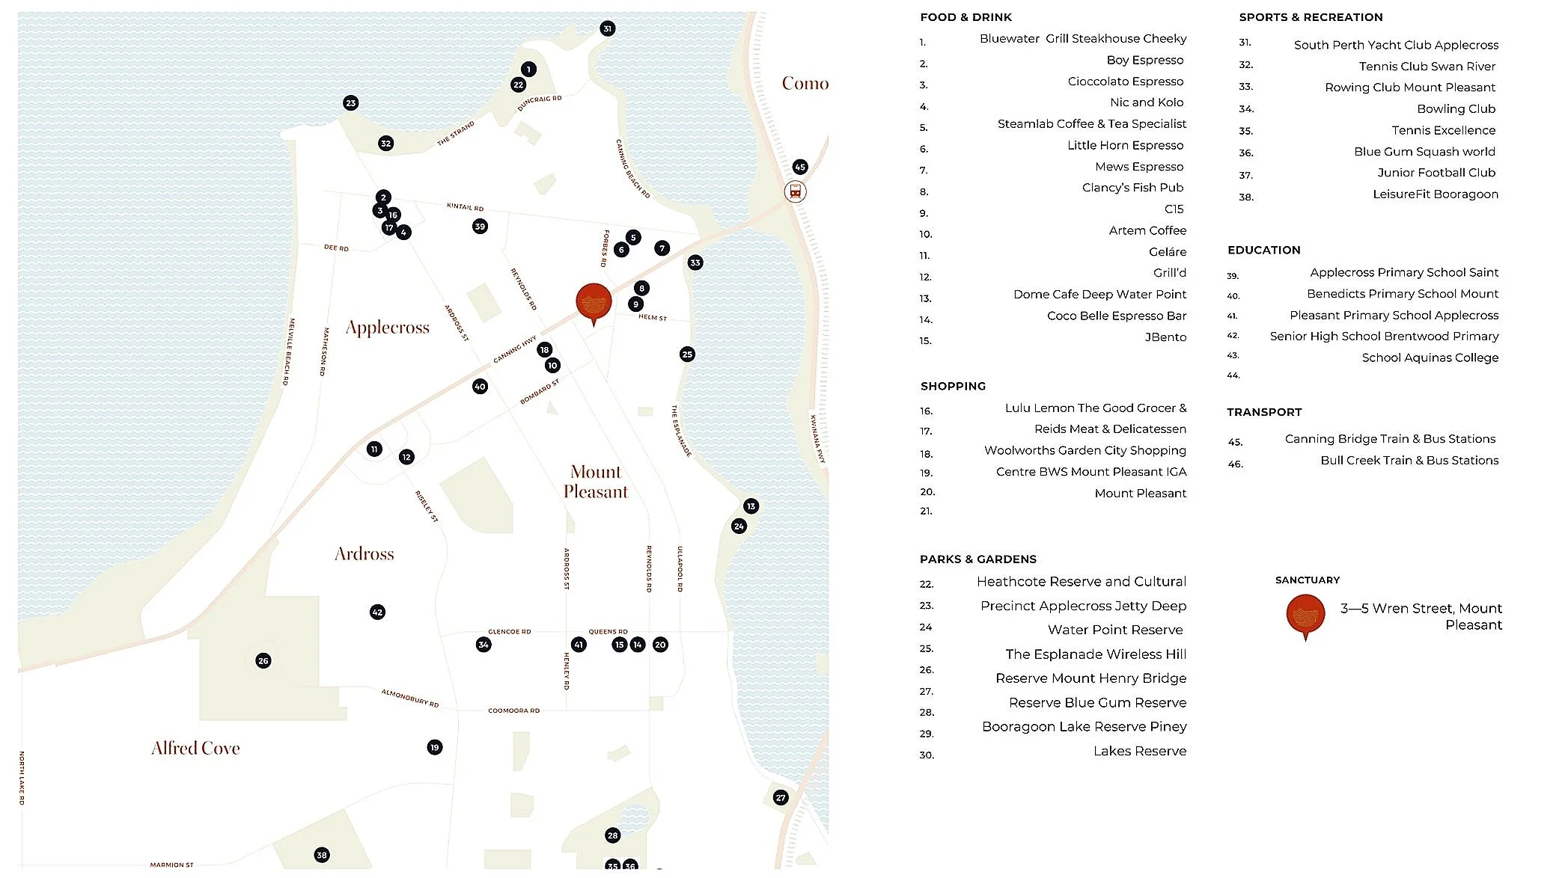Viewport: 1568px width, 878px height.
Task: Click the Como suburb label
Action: pyautogui.click(x=805, y=83)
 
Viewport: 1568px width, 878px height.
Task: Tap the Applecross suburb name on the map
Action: pyautogui.click(x=388, y=328)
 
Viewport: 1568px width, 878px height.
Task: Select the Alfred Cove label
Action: pyautogui.click(x=195, y=748)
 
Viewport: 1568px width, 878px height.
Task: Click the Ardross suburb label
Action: pyautogui.click(x=364, y=553)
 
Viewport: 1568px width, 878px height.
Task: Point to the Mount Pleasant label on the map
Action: pyautogui.click(x=596, y=482)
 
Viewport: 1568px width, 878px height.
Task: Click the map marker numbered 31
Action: pyautogui.click(x=607, y=28)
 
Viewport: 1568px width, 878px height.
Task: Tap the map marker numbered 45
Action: pyautogui.click(x=800, y=167)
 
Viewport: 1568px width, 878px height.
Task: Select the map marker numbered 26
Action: pyautogui.click(x=263, y=660)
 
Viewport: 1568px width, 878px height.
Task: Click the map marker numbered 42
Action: pyautogui.click(x=377, y=612)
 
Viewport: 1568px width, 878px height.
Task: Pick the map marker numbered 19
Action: pyautogui.click(x=434, y=747)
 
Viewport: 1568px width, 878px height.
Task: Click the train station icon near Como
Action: pyautogui.click(x=796, y=191)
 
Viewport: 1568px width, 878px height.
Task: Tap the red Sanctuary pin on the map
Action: pyautogui.click(x=594, y=303)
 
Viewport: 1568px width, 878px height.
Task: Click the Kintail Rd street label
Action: pyautogui.click(x=465, y=207)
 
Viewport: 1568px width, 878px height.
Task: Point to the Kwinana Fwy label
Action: pyautogui.click(x=817, y=439)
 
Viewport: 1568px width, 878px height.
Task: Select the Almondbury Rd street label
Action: pyautogui.click(x=410, y=698)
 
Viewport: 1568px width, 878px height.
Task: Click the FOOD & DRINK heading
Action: pyautogui.click(x=965, y=17)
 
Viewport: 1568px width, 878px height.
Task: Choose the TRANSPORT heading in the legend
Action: pyautogui.click(x=1263, y=412)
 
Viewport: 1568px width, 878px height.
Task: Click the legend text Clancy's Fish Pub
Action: pyautogui.click(x=1132, y=188)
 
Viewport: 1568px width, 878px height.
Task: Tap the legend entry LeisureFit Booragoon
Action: pyautogui.click(x=1435, y=194)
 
